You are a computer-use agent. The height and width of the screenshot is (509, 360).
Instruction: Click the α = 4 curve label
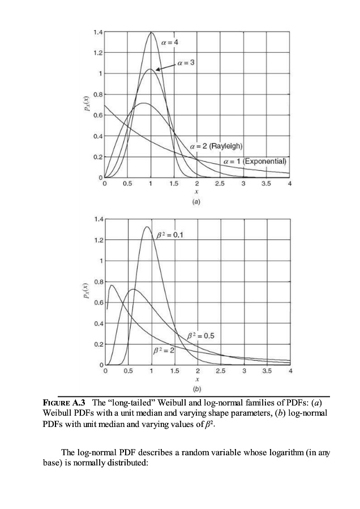pyautogui.click(x=173, y=42)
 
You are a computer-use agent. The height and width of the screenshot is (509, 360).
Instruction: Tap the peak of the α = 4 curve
pyautogui.click(x=151, y=32)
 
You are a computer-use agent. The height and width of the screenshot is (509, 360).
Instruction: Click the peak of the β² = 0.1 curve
pyautogui.click(x=147, y=227)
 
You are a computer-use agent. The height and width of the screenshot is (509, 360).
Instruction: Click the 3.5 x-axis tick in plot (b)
pyautogui.click(x=267, y=371)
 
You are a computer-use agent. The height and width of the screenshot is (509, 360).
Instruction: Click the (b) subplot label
pyautogui.click(x=197, y=390)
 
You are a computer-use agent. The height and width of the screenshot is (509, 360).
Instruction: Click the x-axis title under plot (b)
pyautogui.click(x=197, y=380)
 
